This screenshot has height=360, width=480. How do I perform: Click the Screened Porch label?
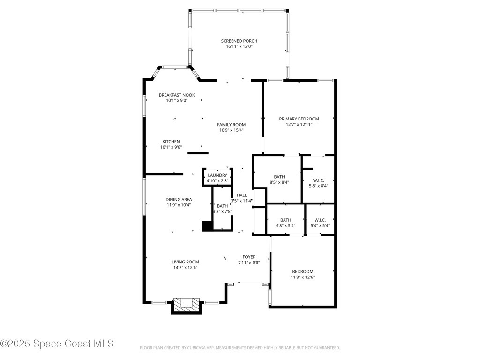coord(239,41)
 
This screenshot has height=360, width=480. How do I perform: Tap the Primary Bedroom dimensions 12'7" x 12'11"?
coord(299,125)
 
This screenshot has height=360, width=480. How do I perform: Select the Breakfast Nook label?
coord(177,95)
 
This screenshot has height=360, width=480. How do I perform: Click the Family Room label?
coord(231,125)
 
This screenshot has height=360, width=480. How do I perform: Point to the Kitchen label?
coord(171,142)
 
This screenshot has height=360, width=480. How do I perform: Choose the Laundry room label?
coord(217,175)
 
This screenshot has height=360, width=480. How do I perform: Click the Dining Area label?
coord(178,199)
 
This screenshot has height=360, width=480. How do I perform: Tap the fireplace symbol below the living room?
coord(187,304)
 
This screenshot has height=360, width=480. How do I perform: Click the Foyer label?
coord(249,257)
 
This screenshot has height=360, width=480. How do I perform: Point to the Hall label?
coord(241,195)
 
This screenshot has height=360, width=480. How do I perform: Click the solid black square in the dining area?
coord(206,226)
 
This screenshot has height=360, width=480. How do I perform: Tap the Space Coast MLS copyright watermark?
coord(57,344)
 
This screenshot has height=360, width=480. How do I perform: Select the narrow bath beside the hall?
coord(222,209)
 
